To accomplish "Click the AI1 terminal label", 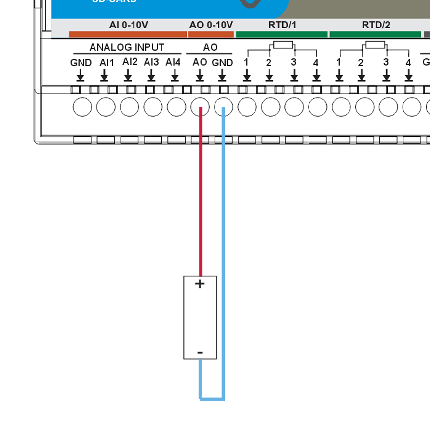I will click(x=107, y=63).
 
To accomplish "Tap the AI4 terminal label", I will click(x=173, y=62).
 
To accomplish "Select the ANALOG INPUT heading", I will click(x=127, y=47).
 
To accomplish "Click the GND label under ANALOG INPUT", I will click(x=81, y=63).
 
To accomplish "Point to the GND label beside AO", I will click(x=222, y=63).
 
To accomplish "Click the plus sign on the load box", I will click(x=200, y=284).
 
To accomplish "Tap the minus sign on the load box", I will click(x=200, y=353).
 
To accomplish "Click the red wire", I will click(x=201, y=193).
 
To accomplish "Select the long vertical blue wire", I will click(x=223, y=241).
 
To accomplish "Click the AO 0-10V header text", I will click(x=211, y=25).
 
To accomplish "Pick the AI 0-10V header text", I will click(x=128, y=25).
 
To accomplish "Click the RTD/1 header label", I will click(x=282, y=25).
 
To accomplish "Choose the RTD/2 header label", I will click(x=376, y=25).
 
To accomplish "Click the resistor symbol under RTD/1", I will click(x=282, y=45).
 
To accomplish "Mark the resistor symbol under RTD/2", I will click(x=376, y=45).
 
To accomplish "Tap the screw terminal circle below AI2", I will click(x=129, y=107).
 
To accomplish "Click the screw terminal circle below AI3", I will click(x=153, y=107).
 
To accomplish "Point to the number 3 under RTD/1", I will click(x=293, y=62).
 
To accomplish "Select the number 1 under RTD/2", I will click(x=339, y=62).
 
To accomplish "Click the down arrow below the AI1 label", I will click(x=104, y=76).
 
